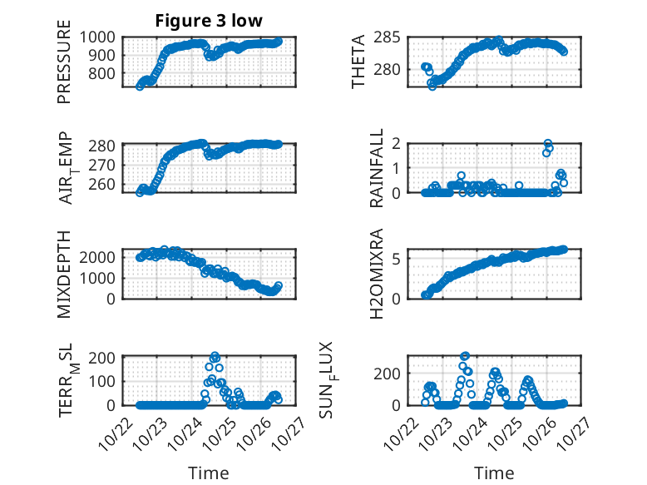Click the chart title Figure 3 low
[x=209, y=21]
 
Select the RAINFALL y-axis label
[x=377, y=168]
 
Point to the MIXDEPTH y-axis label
[x=64, y=274]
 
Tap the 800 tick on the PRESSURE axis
[x=106, y=73]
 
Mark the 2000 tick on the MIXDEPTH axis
[x=102, y=257]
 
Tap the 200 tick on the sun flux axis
[x=392, y=373]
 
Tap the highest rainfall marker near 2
[x=547, y=144]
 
